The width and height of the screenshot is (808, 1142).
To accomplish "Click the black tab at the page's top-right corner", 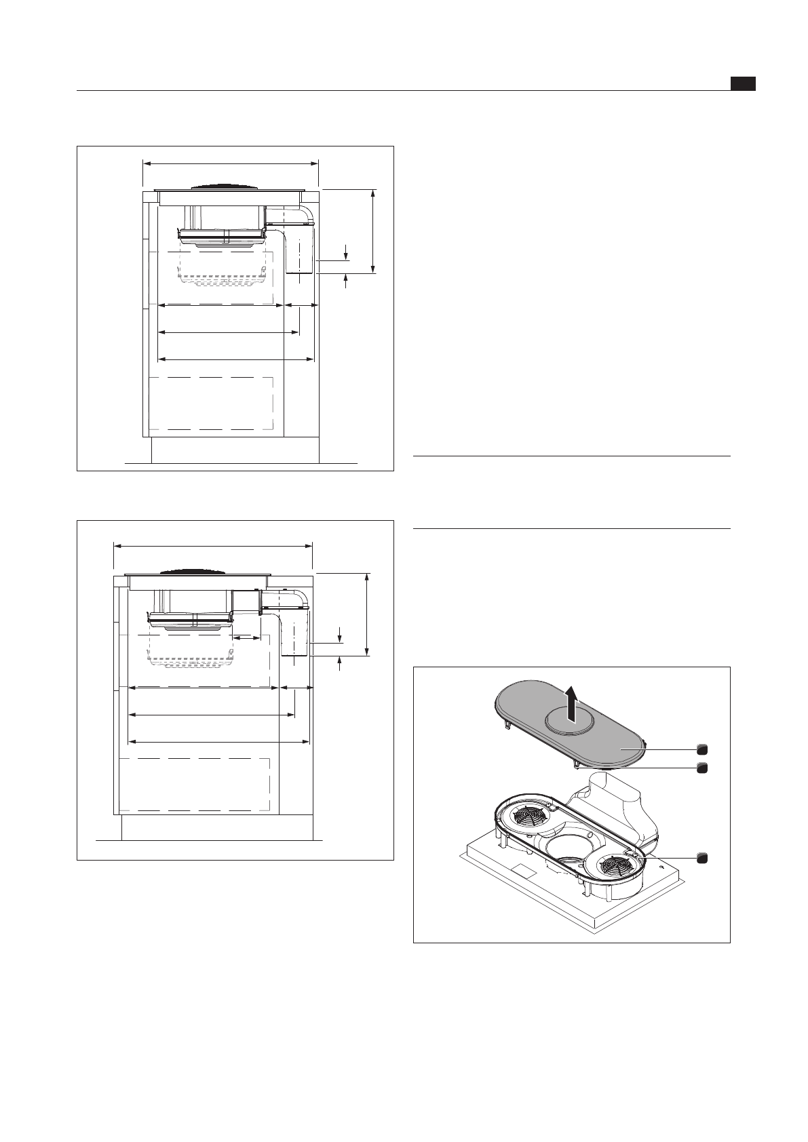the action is click(743, 83).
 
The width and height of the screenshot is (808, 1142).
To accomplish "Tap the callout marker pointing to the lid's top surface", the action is click(702, 749).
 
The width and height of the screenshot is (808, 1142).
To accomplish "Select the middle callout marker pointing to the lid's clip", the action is click(702, 768).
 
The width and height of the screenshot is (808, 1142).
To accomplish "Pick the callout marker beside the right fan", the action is click(702, 858).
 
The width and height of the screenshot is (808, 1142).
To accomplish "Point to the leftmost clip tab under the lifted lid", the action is click(506, 726).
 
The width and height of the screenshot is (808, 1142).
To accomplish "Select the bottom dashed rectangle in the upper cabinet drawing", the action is click(211, 403).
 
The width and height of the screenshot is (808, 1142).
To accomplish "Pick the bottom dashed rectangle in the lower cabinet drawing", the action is click(194, 784).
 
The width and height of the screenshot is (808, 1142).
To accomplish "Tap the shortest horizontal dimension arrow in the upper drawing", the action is click(300, 305).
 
